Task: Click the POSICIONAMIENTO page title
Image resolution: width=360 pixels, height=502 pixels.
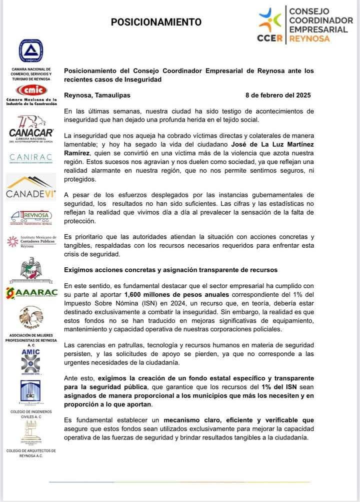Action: (x=156, y=22)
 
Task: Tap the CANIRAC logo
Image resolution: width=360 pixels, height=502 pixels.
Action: (x=31, y=158)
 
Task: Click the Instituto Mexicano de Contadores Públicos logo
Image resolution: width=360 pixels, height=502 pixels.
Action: (x=31, y=241)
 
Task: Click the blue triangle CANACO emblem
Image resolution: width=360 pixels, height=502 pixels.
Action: (x=31, y=51)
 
